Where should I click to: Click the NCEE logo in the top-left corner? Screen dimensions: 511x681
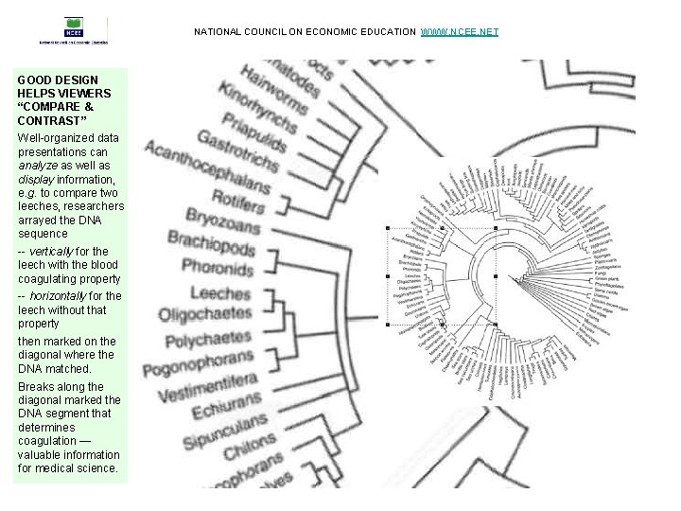click(73, 30)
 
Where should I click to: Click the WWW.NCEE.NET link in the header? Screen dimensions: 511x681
click(459, 32)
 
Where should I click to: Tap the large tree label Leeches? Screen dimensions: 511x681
click(219, 292)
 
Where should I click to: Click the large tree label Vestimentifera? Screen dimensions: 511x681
click(207, 389)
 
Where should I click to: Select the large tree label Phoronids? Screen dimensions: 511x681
click(217, 268)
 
